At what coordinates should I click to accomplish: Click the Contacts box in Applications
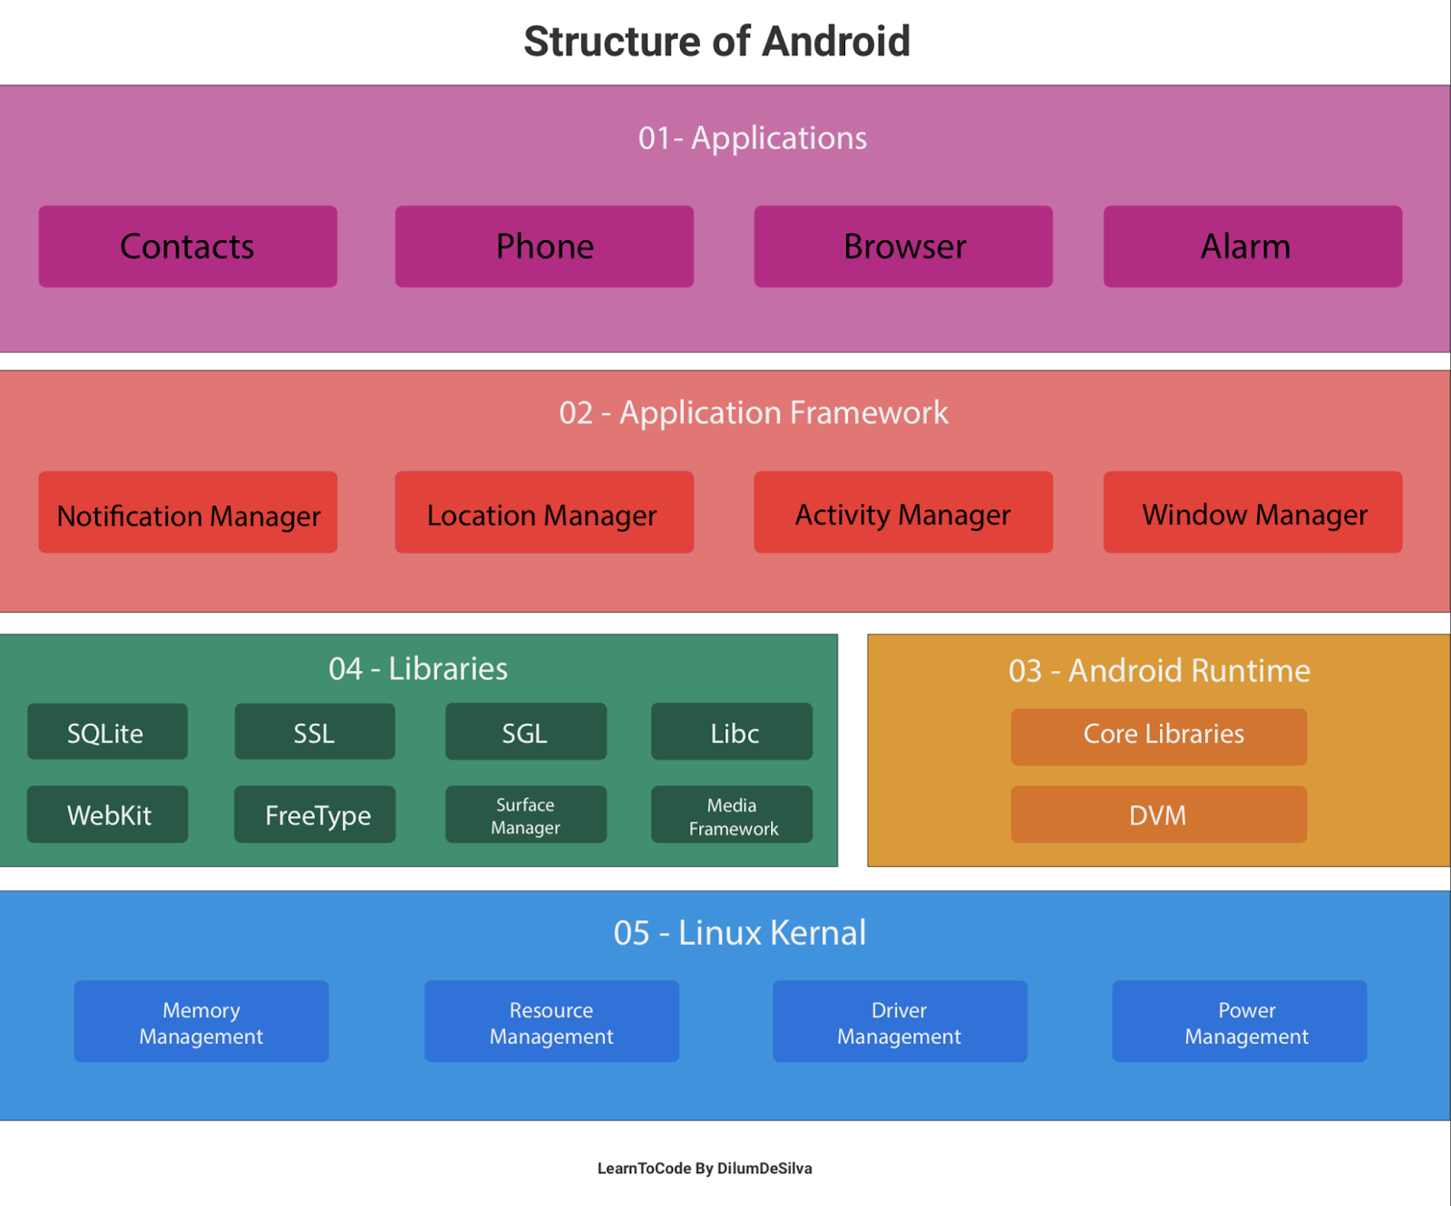(x=188, y=247)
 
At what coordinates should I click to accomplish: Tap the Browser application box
(x=903, y=247)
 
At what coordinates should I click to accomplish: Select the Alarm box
(x=1252, y=247)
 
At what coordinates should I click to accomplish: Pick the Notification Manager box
(x=188, y=512)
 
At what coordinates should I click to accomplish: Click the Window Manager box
(x=1252, y=512)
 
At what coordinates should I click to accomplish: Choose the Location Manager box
(x=544, y=512)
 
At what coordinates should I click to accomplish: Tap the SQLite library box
(x=107, y=732)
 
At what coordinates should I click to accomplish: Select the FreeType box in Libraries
(x=315, y=814)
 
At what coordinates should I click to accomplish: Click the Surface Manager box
(x=526, y=814)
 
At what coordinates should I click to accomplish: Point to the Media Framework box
(x=732, y=814)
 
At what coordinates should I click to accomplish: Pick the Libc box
(x=732, y=732)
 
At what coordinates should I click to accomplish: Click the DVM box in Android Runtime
(x=1158, y=814)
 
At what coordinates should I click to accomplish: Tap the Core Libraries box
(x=1158, y=736)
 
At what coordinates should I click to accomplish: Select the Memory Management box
(x=201, y=1021)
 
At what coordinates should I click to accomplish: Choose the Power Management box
(x=1239, y=1021)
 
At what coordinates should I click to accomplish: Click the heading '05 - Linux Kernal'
(x=739, y=933)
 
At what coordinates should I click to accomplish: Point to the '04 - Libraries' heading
(x=418, y=669)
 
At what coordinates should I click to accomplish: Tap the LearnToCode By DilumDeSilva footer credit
(x=705, y=1168)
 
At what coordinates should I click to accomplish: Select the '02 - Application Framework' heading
(x=753, y=413)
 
